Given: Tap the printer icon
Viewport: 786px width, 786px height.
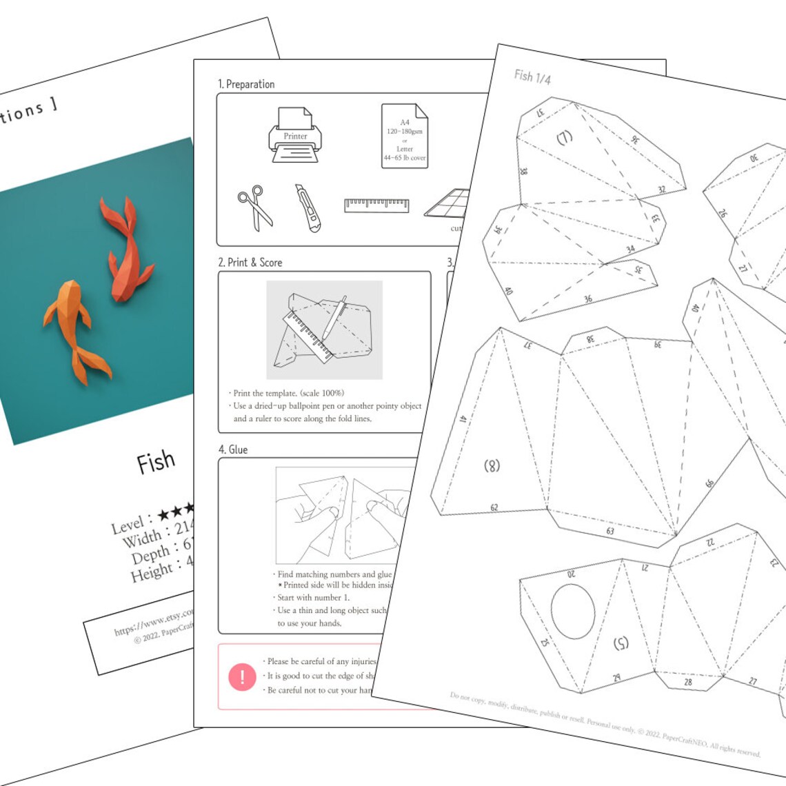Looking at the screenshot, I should pyautogui.click(x=294, y=136).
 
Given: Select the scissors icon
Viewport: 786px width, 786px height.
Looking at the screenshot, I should pyautogui.click(x=255, y=207).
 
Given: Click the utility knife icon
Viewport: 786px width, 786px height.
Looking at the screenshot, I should pyautogui.click(x=308, y=208).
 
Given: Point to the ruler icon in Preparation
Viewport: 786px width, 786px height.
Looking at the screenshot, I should pyautogui.click(x=376, y=205).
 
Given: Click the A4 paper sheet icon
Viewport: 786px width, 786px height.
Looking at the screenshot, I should pyautogui.click(x=405, y=136).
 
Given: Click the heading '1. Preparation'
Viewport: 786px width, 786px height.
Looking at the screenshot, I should pyautogui.click(x=246, y=84).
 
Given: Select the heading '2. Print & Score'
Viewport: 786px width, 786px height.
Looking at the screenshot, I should pyautogui.click(x=250, y=263).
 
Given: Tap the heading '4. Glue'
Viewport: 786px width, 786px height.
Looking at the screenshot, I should pyautogui.click(x=233, y=450).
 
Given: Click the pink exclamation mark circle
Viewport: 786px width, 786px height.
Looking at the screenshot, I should pyautogui.click(x=242, y=677).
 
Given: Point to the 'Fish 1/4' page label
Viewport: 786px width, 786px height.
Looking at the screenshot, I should pyautogui.click(x=532, y=77).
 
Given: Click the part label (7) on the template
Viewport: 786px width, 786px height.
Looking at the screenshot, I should pyautogui.click(x=565, y=137).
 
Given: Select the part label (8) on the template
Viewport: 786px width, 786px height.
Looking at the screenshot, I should pyautogui.click(x=492, y=465).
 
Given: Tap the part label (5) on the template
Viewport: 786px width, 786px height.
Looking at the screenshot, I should pyautogui.click(x=621, y=643).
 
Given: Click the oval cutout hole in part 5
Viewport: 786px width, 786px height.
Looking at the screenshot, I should pyautogui.click(x=572, y=611).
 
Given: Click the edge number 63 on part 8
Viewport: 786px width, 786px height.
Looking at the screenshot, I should pyautogui.click(x=610, y=531).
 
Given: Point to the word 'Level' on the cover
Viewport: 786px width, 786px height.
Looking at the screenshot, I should pyautogui.click(x=128, y=526).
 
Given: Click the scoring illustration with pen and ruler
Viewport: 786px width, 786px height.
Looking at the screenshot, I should pyautogui.click(x=324, y=330).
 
